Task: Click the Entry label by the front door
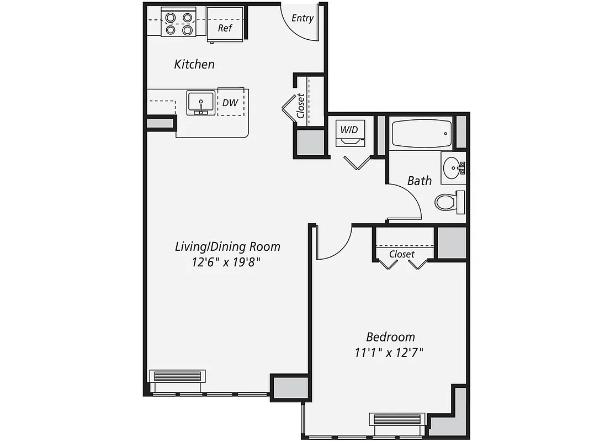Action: coord(303,18)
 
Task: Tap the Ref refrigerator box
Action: coord(225,28)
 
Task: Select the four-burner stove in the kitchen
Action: coord(179,23)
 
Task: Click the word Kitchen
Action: coord(194,64)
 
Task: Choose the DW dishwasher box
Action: coord(230,102)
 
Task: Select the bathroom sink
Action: coord(453,166)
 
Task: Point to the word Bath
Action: coord(420,181)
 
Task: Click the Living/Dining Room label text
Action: coord(227,246)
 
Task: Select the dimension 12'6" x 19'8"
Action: coord(226,262)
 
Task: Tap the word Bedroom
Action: coord(391,336)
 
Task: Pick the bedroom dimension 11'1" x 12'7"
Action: coord(390,352)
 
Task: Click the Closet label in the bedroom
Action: coord(401,254)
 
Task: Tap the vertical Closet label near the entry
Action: coord(301,106)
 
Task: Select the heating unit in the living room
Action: coord(178,376)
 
